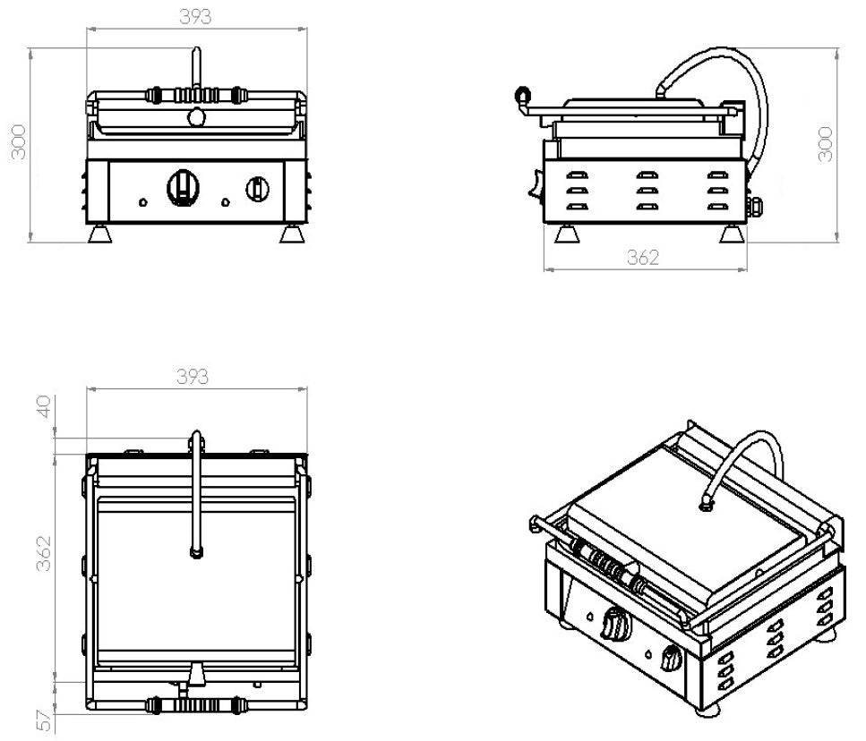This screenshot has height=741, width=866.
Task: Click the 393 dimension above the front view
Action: tap(195, 16)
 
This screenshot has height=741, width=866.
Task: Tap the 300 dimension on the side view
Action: tap(826, 143)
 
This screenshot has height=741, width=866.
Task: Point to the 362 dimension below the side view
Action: tap(642, 258)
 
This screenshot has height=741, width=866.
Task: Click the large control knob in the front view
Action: tap(184, 185)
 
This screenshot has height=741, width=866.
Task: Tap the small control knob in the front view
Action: tap(257, 188)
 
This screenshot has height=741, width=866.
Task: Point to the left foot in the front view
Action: tap(100, 234)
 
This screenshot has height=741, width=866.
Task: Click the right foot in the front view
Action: tap(292, 234)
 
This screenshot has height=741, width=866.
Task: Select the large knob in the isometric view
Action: tap(613, 623)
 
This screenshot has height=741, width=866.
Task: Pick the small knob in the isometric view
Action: tap(671, 660)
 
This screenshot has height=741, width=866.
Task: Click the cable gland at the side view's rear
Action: tap(755, 207)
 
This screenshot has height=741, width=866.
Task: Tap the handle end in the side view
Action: tap(522, 95)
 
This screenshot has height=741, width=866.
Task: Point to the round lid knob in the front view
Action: tap(195, 116)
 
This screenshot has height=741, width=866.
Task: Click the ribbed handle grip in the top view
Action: tap(195, 705)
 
